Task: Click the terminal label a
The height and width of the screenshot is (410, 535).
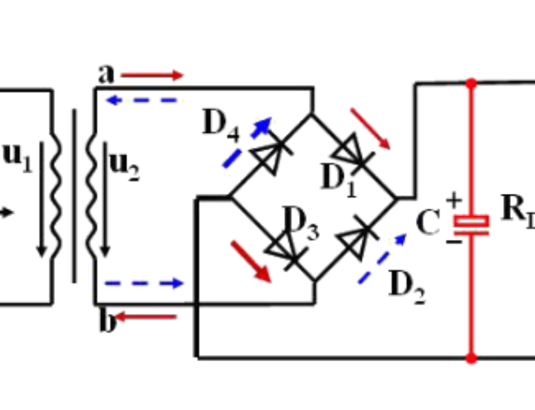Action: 106,74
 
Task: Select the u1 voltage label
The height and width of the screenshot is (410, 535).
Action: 18,159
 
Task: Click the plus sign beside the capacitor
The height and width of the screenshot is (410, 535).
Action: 454,201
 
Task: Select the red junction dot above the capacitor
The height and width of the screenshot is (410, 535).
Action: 471,83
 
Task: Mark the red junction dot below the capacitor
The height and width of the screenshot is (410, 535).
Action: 471,358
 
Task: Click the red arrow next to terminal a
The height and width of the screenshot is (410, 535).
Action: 152,75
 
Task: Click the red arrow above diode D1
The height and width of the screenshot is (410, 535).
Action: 371,128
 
